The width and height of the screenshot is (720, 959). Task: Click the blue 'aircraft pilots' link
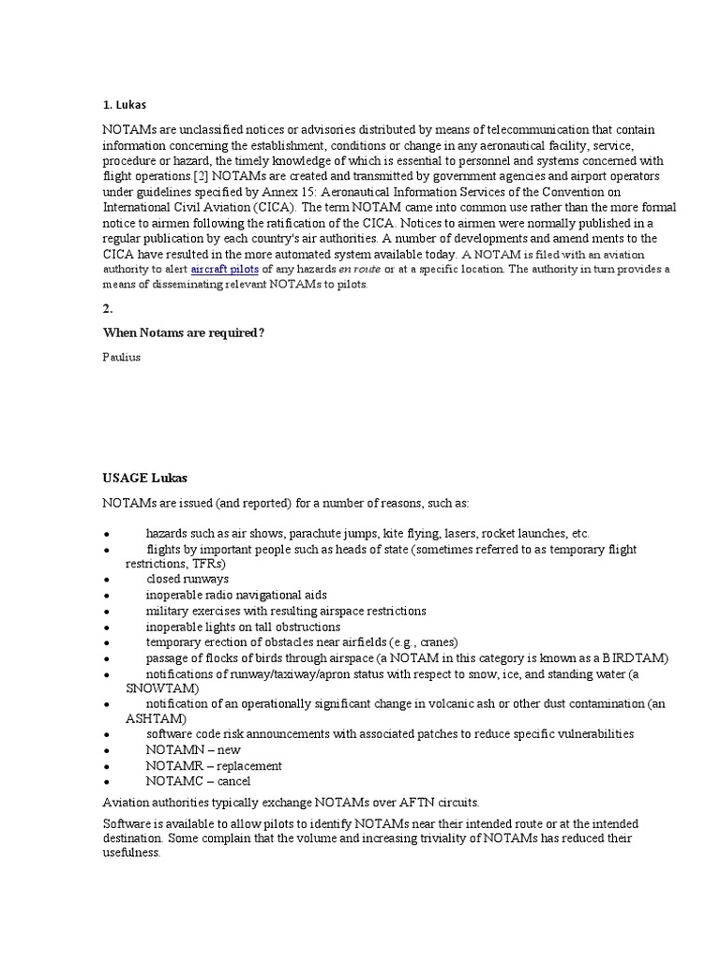coord(224,269)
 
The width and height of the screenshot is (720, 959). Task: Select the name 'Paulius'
coord(122,357)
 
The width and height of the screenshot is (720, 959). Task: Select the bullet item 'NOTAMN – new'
coord(193,750)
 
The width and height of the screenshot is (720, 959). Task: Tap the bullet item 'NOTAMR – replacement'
coord(214,765)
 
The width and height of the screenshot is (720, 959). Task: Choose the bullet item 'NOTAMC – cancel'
coord(198,780)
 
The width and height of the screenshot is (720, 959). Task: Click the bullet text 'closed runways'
coord(187,580)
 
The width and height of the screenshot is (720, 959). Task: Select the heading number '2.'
coord(109,308)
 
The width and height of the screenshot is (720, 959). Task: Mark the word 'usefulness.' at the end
coord(131,853)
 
